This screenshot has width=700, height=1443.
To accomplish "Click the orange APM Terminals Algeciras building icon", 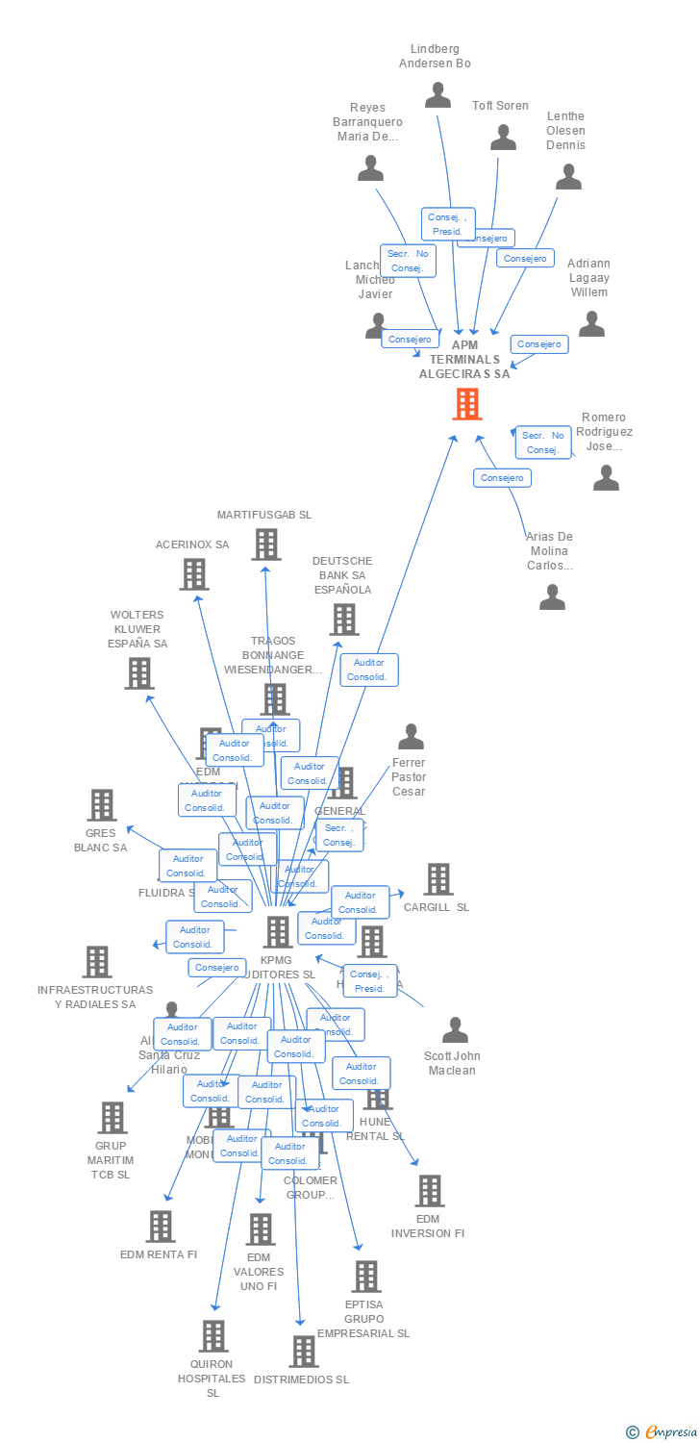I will click(467, 404).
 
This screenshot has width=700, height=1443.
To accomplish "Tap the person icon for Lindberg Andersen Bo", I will click(438, 94).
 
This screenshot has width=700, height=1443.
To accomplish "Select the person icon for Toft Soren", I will click(503, 138).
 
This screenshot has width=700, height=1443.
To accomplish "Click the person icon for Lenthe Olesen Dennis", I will click(568, 177).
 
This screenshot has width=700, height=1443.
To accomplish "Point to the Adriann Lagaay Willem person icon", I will click(591, 324).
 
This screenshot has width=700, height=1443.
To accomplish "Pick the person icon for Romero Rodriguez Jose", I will click(606, 478).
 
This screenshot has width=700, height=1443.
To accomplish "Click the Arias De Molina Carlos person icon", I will click(552, 597).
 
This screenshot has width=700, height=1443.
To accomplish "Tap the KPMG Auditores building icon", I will click(278, 931).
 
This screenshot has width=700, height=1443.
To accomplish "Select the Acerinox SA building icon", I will click(194, 574).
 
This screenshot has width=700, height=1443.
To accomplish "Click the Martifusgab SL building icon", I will click(266, 544).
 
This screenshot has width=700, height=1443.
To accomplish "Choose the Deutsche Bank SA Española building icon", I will click(344, 620).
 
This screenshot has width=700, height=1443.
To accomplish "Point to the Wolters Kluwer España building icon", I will click(139, 673).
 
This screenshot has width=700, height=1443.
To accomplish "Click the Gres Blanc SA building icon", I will click(102, 805).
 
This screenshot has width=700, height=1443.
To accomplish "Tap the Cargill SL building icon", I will click(438, 879).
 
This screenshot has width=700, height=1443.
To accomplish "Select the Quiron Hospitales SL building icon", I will click(213, 1335).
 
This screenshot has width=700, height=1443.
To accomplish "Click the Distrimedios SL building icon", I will click(304, 1352).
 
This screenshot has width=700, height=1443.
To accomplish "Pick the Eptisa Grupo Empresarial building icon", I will click(365, 1277).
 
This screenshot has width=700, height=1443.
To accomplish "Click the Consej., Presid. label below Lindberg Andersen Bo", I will click(447, 224).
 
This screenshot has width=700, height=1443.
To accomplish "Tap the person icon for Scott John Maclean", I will click(455, 1030).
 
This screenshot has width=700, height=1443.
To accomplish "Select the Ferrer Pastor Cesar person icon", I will click(411, 737).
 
